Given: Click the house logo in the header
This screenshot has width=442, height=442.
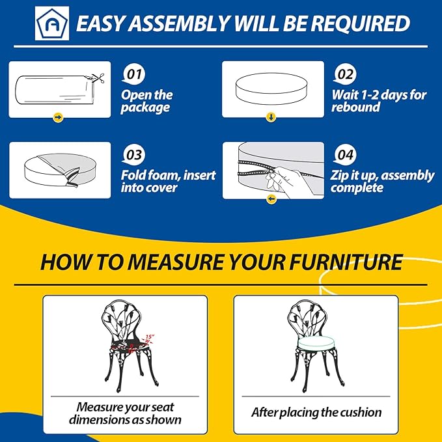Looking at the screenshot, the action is pos(52,23).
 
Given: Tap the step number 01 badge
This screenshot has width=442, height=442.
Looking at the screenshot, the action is pos(134,75).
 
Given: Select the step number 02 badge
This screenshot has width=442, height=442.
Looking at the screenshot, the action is pos(345,75).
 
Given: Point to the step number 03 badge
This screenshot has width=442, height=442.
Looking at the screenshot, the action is pos(134,155).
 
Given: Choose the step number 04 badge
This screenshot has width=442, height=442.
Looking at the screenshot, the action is pos(345,155).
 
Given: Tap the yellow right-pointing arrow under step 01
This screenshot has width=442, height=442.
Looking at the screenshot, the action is pos(58,117).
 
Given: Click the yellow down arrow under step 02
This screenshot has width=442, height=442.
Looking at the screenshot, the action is pos(271,117).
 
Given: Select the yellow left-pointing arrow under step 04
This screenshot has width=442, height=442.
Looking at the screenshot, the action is pos(271,199).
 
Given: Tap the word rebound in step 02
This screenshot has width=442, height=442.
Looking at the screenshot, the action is pos(355,107).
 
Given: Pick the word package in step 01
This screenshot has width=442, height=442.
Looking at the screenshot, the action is pos(145,107).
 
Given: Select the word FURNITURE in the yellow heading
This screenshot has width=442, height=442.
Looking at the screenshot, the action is pos(346,262).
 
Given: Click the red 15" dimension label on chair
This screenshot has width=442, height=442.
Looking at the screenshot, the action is pos(150,337).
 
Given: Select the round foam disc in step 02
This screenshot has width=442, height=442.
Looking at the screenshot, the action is pos(271,89).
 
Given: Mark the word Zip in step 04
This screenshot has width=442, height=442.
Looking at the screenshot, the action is pos(338,176).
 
